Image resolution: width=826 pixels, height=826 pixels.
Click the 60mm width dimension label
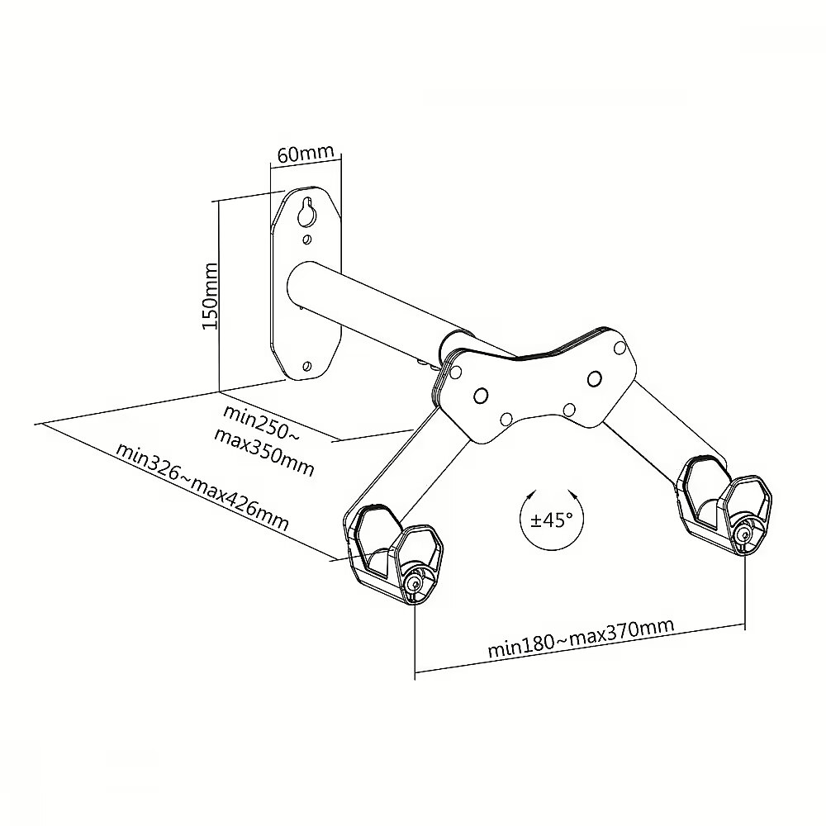coord(306,154)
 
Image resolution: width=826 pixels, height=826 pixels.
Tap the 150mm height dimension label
coord(210,296)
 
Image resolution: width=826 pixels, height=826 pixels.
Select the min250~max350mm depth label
coord(264,440)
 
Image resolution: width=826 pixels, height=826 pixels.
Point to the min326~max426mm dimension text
coord(202,487)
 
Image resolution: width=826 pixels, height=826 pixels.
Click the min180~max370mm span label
coord(581,637)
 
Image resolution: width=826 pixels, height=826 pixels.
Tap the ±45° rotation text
coord(552,520)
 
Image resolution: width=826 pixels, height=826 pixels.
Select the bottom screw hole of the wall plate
coord(307,366)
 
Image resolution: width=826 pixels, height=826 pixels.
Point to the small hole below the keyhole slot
coord(306,240)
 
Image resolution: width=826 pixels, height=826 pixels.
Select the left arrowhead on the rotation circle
coord(531,496)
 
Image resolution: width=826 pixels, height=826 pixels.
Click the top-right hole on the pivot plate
coord(620,349)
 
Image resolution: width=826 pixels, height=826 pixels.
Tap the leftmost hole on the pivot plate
coord(456,372)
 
